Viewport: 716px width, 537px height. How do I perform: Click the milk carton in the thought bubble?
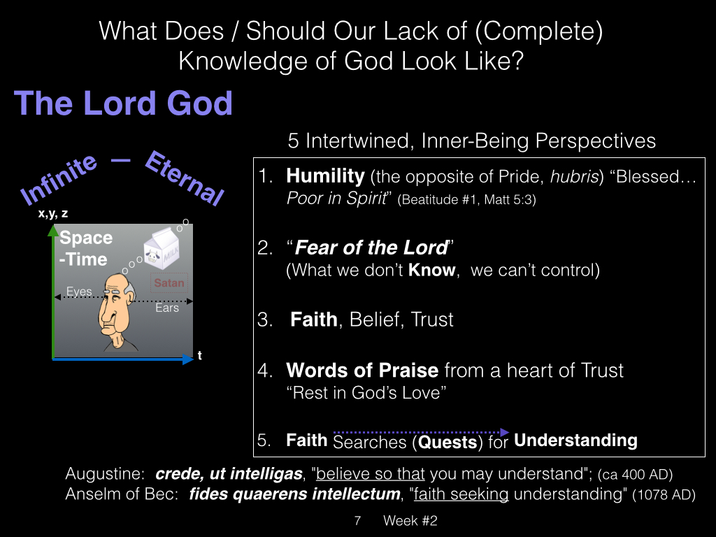pyautogui.click(x=162, y=248)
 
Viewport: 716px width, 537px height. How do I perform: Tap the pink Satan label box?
pyautogui.click(x=169, y=282)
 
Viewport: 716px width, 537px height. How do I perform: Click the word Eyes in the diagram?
pyautogui.click(x=79, y=291)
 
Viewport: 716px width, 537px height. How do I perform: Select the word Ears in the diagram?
pyautogui.click(x=167, y=308)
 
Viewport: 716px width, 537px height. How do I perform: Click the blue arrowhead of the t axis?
pyautogui.click(x=188, y=359)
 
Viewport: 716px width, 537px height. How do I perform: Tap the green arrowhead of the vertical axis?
pyautogui.click(x=53, y=231)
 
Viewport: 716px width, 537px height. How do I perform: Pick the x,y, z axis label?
pyautogui.click(x=53, y=213)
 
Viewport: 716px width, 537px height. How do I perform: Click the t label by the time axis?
pyautogui.click(x=199, y=355)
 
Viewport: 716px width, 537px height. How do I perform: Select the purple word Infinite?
pyautogui.click(x=59, y=180)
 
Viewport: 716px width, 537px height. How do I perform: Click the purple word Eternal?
pyautogui.click(x=184, y=178)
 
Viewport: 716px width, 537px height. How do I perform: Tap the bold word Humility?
pyautogui.click(x=325, y=176)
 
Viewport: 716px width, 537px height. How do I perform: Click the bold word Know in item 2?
pyautogui.click(x=432, y=270)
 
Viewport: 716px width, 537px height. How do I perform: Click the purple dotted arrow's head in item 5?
pyautogui.click(x=505, y=432)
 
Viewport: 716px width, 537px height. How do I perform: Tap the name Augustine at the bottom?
pyautogui.click(x=105, y=474)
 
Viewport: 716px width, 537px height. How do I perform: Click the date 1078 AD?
pyautogui.click(x=664, y=495)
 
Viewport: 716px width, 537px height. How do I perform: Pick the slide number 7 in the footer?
pyautogui.click(x=357, y=520)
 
